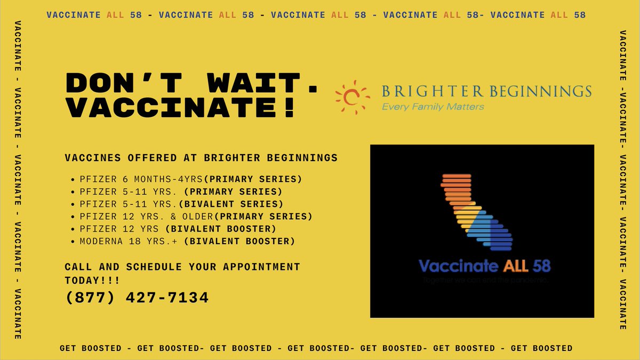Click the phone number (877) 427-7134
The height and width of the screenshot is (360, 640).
tap(137, 298)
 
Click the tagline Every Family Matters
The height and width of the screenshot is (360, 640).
tap(433, 107)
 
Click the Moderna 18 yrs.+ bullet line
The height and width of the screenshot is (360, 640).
tap(187, 241)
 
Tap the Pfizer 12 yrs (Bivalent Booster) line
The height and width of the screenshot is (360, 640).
tap(178, 229)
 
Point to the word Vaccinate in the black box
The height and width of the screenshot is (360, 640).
tap(458, 266)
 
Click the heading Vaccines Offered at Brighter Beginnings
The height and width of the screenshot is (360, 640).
tap(201, 158)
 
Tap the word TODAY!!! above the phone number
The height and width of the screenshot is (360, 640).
tap(92, 280)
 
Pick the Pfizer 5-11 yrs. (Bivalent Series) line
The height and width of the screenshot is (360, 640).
tap(181, 204)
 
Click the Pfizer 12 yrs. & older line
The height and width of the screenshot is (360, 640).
tap(196, 216)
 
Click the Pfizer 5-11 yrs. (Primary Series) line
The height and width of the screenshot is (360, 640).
tap(181, 191)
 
